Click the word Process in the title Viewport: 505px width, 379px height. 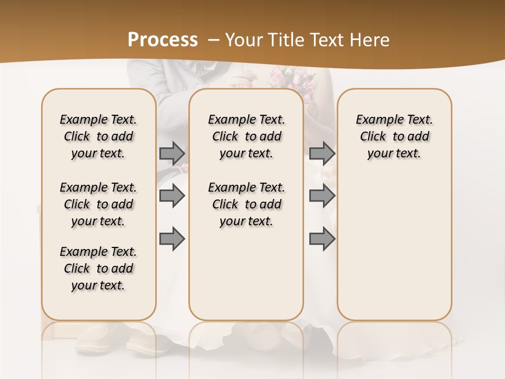(163, 40)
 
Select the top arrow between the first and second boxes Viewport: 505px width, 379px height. (172, 153)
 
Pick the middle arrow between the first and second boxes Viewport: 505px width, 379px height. (172, 196)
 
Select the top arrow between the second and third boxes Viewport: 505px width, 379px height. (322, 153)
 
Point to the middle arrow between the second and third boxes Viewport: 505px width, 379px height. (322, 196)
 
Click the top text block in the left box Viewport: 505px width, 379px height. (98, 136)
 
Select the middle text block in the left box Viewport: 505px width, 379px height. (98, 204)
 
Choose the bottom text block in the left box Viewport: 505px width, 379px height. (98, 268)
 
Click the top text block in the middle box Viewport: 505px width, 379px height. (246, 136)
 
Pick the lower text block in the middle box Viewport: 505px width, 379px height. (246, 204)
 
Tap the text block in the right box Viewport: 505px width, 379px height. (394, 136)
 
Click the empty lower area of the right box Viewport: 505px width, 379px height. (394, 247)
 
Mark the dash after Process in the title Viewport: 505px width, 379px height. (215, 40)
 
